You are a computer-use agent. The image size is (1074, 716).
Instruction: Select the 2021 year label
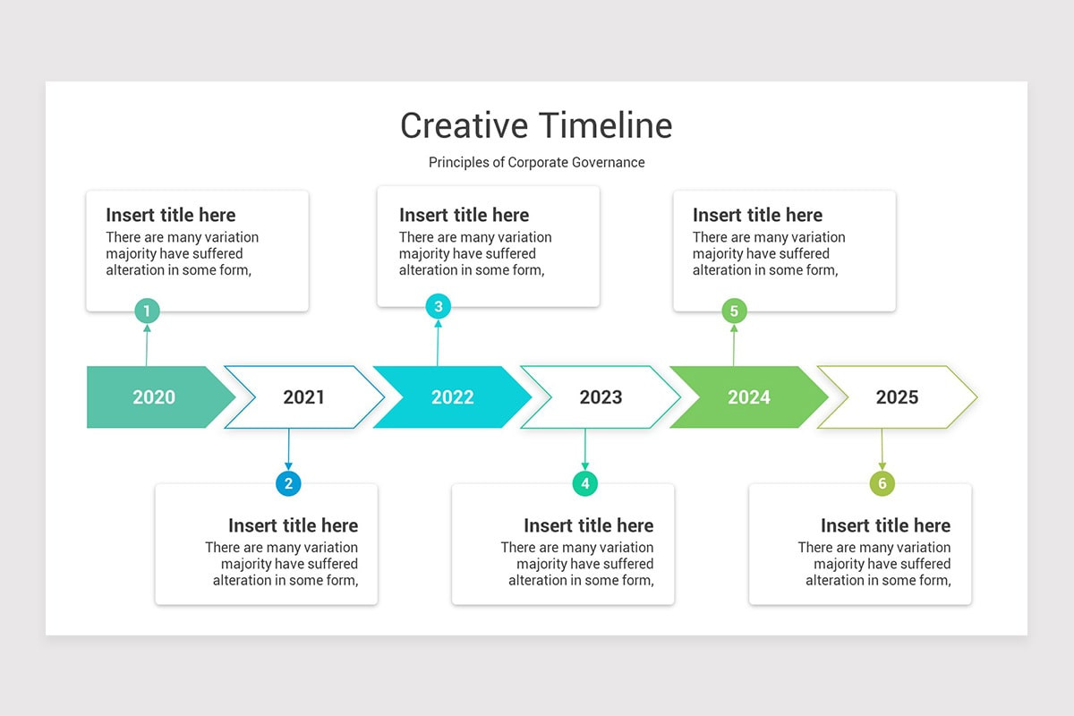[x=303, y=397]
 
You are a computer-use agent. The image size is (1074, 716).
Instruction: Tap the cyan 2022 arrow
[x=452, y=397]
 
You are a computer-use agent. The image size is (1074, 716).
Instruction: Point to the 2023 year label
[x=601, y=397]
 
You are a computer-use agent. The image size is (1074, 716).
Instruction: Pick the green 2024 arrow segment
[x=748, y=397]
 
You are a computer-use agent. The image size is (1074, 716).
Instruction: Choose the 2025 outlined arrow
[x=897, y=397]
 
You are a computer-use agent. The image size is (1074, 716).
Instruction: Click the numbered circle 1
[x=147, y=311]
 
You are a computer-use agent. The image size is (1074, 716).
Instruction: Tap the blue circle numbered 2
[x=288, y=484]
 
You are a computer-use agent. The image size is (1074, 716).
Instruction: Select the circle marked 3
[x=438, y=307]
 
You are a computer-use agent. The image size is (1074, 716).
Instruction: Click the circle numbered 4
[x=584, y=484]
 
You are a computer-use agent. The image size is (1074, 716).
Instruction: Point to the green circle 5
[x=734, y=311]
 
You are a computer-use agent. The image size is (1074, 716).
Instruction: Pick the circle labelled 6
[x=882, y=484]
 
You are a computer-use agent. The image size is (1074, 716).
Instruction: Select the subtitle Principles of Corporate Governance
[x=536, y=162]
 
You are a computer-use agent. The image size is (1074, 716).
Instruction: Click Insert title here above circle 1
[x=171, y=215]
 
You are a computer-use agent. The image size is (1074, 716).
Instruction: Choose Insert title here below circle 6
[x=885, y=525]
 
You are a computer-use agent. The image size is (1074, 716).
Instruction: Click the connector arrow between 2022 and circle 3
[x=438, y=345]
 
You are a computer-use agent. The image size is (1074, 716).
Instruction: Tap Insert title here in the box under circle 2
[x=293, y=525]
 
